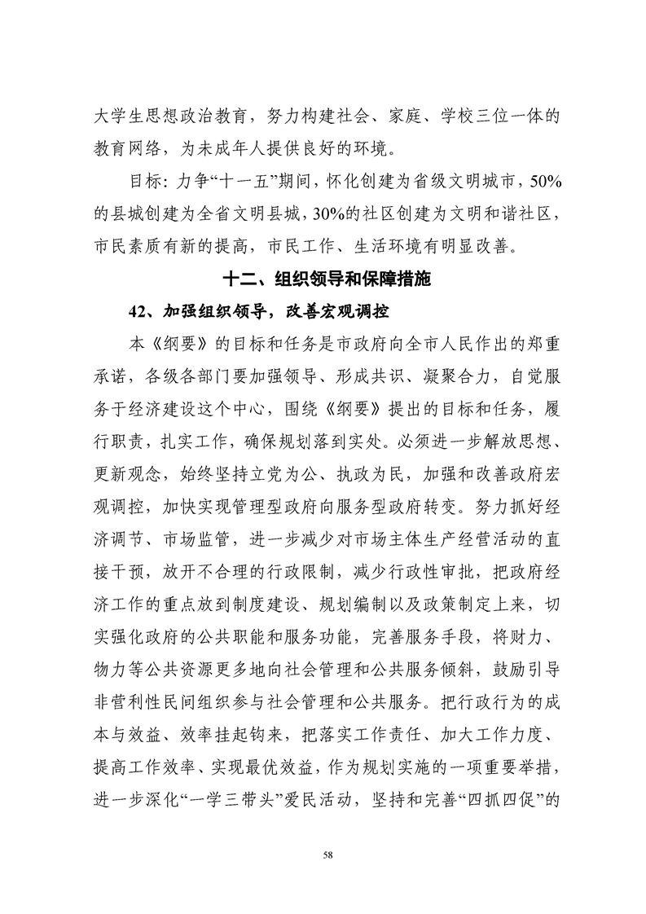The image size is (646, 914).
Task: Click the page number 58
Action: (327, 854)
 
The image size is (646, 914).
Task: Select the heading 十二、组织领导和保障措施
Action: (326, 279)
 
